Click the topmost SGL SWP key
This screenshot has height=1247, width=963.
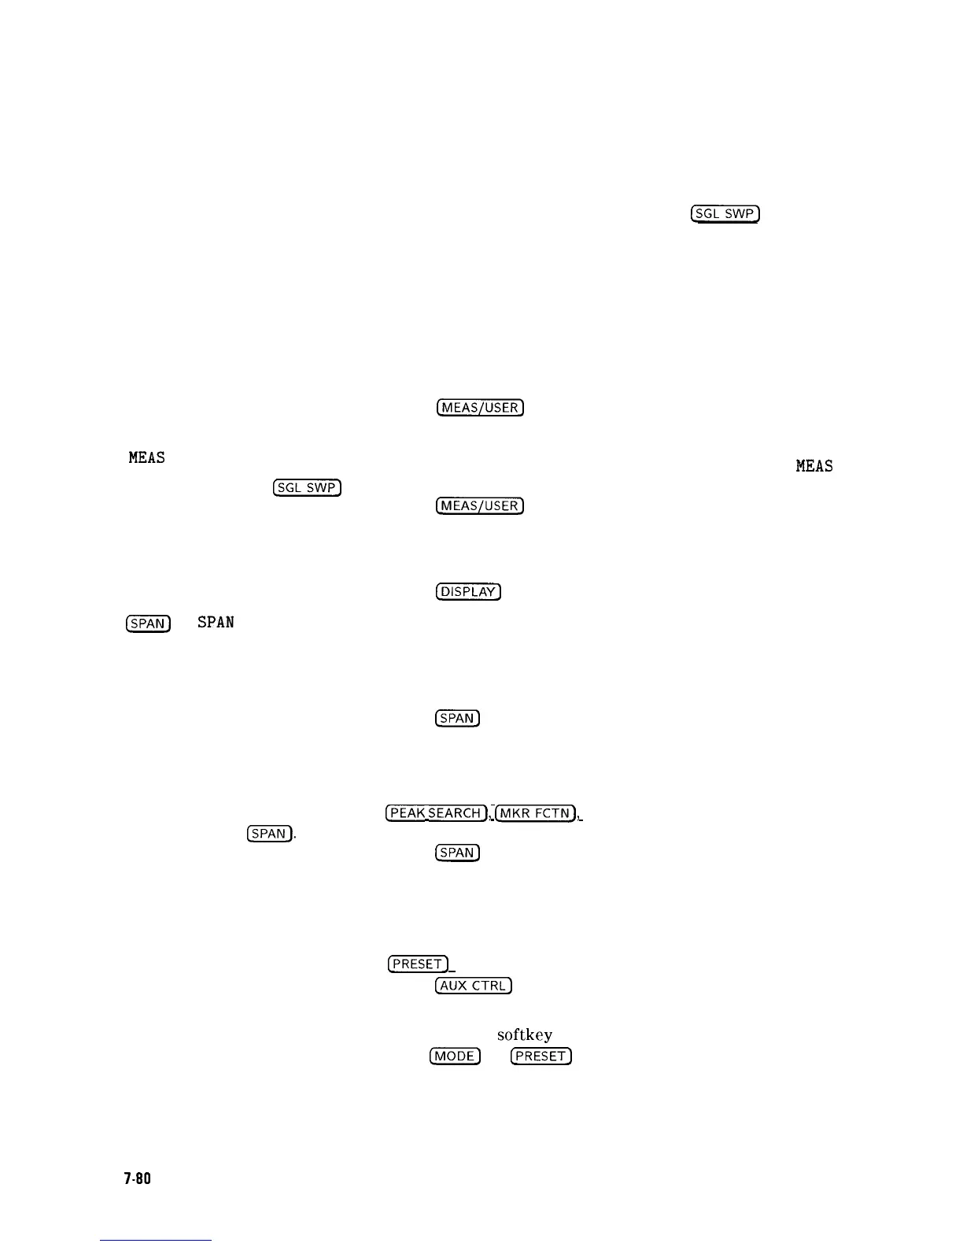click(x=724, y=214)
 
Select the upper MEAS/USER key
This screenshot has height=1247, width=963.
click(x=480, y=408)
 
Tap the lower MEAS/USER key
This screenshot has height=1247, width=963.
click(x=480, y=505)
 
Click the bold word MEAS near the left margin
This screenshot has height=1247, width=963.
click(x=147, y=457)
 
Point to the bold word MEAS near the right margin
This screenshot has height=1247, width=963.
click(x=814, y=466)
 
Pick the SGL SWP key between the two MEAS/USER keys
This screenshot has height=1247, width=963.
click(x=307, y=488)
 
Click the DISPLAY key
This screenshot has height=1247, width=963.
click(x=468, y=592)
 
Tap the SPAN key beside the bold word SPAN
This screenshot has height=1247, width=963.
click(x=148, y=623)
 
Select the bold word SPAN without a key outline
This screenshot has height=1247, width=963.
click(x=216, y=623)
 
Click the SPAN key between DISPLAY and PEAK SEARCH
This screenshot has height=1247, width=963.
click(x=457, y=718)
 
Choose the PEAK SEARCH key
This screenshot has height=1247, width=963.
click(x=436, y=813)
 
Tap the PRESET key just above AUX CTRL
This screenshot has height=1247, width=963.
click(x=418, y=964)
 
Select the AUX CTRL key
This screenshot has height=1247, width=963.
click(x=474, y=986)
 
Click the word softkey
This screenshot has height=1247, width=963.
click(x=524, y=1035)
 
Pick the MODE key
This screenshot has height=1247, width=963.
click(x=455, y=1056)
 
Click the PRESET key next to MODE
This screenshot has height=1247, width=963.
click(x=541, y=1056)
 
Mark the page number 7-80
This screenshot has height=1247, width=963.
click(x=137, y=1179)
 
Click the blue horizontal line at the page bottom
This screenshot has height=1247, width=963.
click(x=156, y=1241)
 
